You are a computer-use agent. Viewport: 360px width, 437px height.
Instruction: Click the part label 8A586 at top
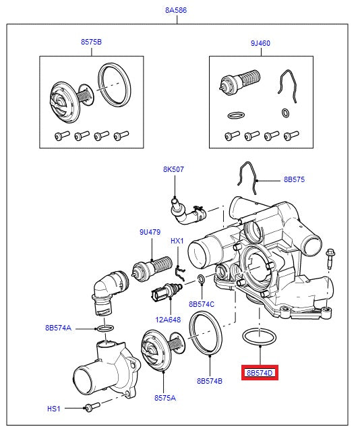[177, 11]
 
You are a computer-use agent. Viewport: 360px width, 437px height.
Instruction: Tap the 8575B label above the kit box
[91, 42]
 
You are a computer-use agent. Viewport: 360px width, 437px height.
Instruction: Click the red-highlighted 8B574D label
[260, 372]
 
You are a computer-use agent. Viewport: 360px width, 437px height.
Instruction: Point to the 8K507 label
[173, 169]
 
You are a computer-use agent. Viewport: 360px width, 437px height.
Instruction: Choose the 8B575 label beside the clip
[294, 180]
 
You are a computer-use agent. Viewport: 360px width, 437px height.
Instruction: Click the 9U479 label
[150, 233]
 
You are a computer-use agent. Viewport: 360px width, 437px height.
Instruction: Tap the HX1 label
[177, 241]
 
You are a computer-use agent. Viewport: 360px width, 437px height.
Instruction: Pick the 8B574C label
[201, 304]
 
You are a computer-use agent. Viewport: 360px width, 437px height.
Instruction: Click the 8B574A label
[58, 328]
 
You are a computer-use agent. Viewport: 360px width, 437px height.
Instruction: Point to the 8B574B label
[210, 381]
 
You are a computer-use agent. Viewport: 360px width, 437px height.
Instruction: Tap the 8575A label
[164, 398]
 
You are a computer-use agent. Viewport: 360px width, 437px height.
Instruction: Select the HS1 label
[53, 408]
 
